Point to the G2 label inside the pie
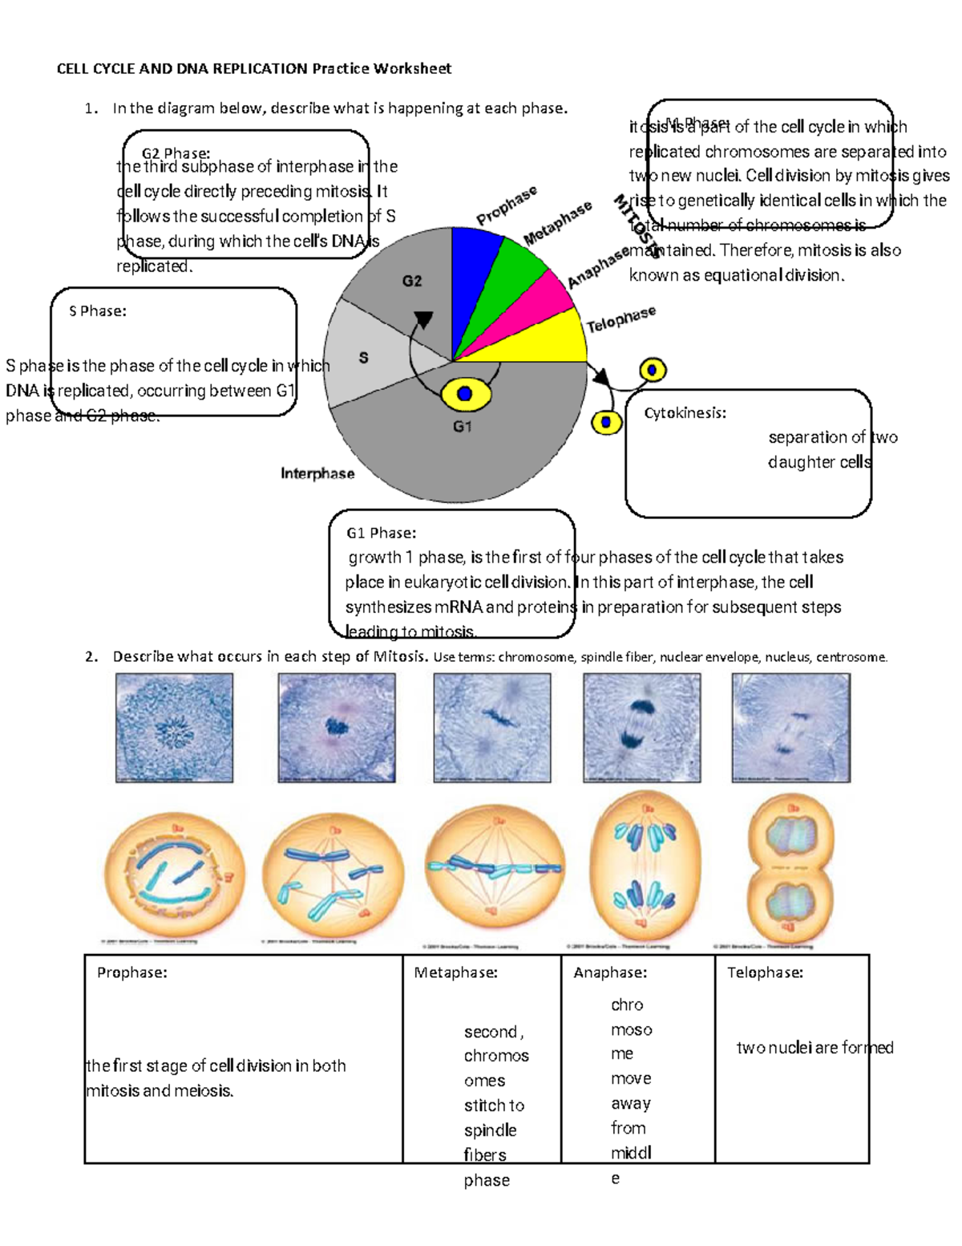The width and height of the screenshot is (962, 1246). click(411, 281)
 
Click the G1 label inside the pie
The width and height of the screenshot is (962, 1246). click(463, 427)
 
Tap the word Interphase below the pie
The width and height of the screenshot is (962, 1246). click(317, 473)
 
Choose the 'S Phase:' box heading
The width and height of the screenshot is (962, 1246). click(98, 311)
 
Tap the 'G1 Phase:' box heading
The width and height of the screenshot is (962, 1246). click(381, 533)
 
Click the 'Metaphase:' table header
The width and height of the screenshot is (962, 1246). click(455, 972)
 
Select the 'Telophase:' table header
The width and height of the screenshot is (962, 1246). click(765, 972)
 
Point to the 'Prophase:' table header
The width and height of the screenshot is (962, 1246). click(132, 972)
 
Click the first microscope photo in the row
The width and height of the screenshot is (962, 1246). click(174, 727)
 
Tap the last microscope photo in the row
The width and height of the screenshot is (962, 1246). click(790, 727)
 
